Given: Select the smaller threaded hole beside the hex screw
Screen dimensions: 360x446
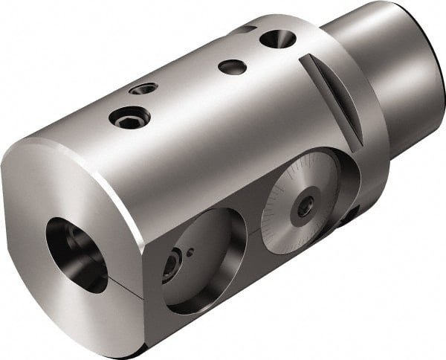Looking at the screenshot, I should tap(143, 89).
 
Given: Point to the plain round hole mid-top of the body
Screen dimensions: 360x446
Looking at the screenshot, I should tap(232, 66).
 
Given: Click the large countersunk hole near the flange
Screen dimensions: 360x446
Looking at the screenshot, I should tap(277, 39).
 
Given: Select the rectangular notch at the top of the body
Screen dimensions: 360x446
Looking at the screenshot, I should tap(245, 29).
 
